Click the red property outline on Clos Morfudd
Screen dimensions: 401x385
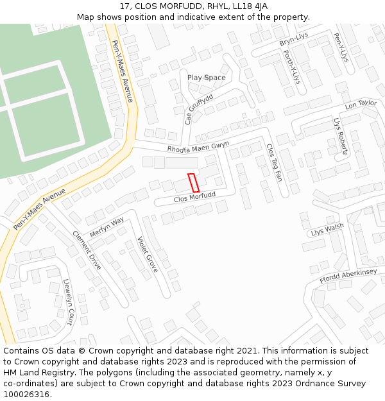tap(193, 183)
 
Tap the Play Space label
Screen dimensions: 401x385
tap(206, 78)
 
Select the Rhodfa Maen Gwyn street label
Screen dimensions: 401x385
tap(198, 147)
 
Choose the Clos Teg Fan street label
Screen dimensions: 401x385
tap(274, 162)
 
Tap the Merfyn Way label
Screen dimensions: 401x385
tap(107, 227)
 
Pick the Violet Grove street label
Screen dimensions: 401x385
tap(148, 254)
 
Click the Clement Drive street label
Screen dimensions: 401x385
tap(87, 250)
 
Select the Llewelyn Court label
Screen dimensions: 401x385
tap(68, 302)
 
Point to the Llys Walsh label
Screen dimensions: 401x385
tap(327, 229)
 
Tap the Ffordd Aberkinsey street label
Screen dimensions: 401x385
tap(348, 277)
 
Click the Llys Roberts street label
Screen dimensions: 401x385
tap(339, 136)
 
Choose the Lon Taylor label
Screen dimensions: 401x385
tap(361, 103)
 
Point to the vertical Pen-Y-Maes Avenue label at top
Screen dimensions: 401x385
tap(122, 71)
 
